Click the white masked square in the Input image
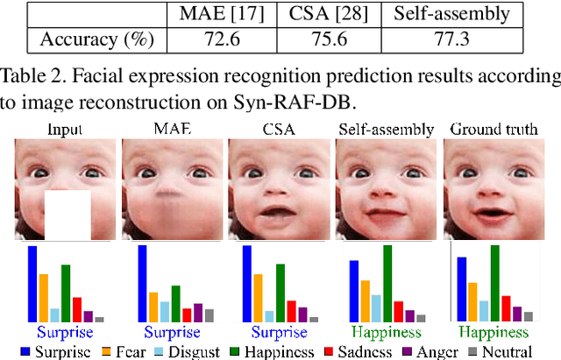67,215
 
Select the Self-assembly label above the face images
387,130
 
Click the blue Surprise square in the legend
26,351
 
